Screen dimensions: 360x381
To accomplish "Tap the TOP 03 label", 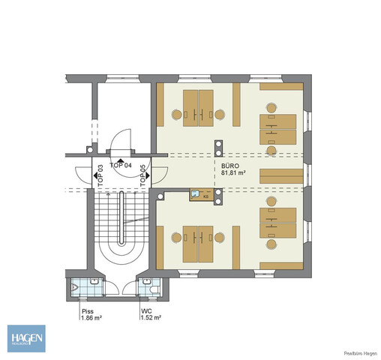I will [x=100, y=174].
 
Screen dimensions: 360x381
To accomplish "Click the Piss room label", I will [x=87, y=310].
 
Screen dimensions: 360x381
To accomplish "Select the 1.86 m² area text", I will [x=91, y=318].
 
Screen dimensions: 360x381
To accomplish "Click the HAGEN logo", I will [x=26, y=338].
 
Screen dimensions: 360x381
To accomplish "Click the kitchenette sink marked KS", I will [x=196, y=194].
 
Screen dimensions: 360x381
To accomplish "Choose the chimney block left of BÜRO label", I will [x=218, y=147].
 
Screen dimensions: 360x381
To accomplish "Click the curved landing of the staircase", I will [x=120, y=250].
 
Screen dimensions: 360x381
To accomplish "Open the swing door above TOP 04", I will [x=120, y=140].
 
